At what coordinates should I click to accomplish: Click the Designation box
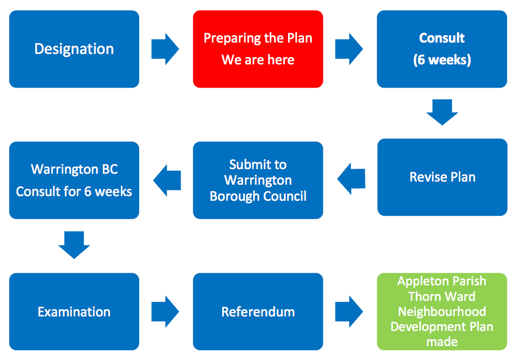point(74,49)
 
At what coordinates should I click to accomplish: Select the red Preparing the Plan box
point(258,49)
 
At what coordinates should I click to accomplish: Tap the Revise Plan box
point(442,177)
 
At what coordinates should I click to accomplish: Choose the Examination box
point(74,312)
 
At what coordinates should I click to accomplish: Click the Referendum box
point(258,312)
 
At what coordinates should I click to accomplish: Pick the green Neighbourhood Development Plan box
point(442,312)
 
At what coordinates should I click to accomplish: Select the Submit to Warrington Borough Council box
point(258,180)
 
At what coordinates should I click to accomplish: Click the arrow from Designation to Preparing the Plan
point(166,49)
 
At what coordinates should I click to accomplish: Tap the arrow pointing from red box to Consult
point(349,49)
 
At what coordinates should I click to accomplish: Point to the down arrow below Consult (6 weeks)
point(442,112)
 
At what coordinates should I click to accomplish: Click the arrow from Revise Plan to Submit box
point(351,179)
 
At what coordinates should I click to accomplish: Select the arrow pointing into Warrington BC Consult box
point(167,181)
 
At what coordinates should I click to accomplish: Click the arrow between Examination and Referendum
point(166,312)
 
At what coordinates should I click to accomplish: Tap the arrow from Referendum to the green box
point(349,312)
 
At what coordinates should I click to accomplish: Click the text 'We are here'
point(258,60)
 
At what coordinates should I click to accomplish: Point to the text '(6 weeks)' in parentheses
point(442,60)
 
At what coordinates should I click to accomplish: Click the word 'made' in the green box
point(442,342)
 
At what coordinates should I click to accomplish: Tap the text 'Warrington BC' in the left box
point(74,170)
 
